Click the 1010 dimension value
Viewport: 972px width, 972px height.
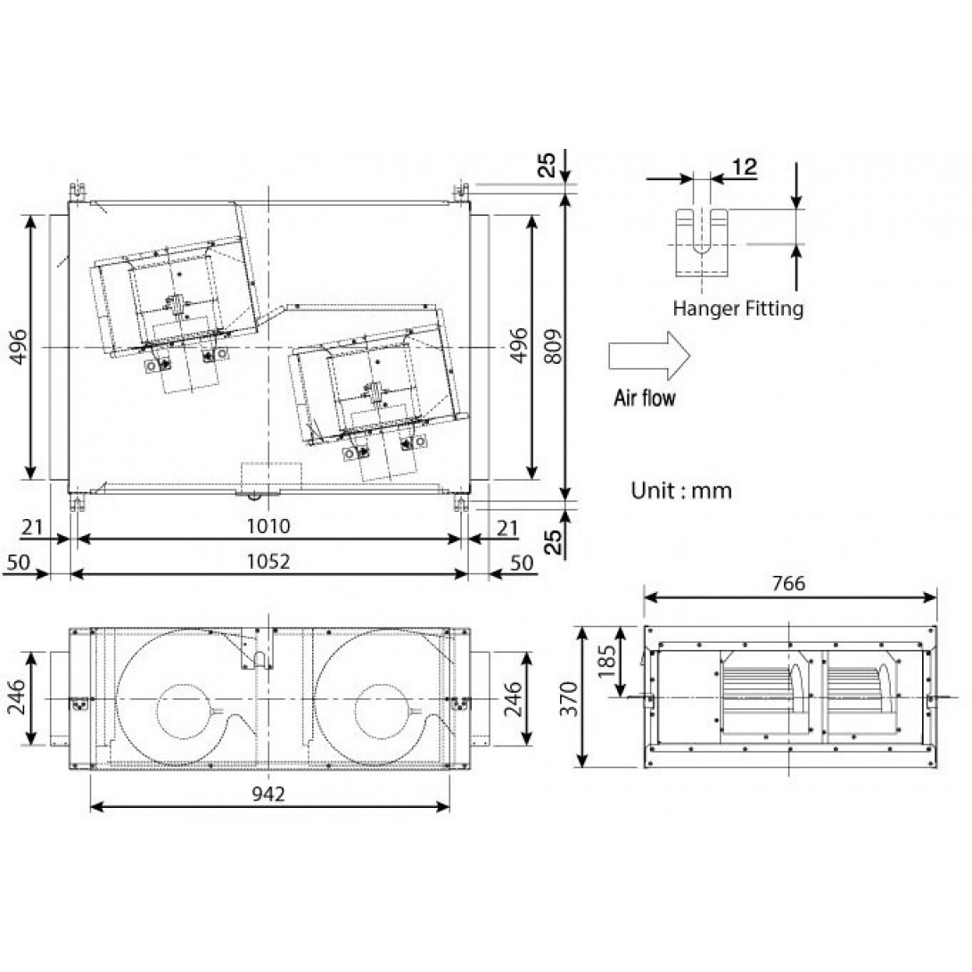click(268, 526)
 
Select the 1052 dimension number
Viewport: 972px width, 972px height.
click(268, 562)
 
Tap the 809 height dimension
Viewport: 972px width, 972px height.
click(553, 347)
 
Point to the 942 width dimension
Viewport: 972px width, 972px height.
click(268, 794)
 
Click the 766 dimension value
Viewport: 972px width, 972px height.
click(788, 583)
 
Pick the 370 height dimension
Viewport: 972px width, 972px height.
click(568, 698)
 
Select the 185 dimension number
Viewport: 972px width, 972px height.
click(607, 662)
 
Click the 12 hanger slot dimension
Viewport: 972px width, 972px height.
click(745, 167)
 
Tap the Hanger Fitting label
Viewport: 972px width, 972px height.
click(737, 308)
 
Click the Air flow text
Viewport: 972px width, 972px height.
click(645, 398)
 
